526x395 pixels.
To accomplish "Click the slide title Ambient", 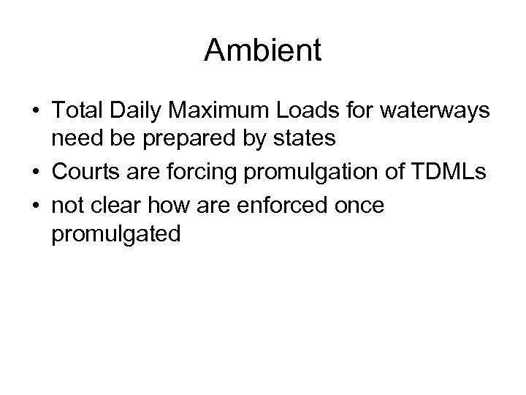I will pos(262,50).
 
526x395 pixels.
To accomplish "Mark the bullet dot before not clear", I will pos(36,206).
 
